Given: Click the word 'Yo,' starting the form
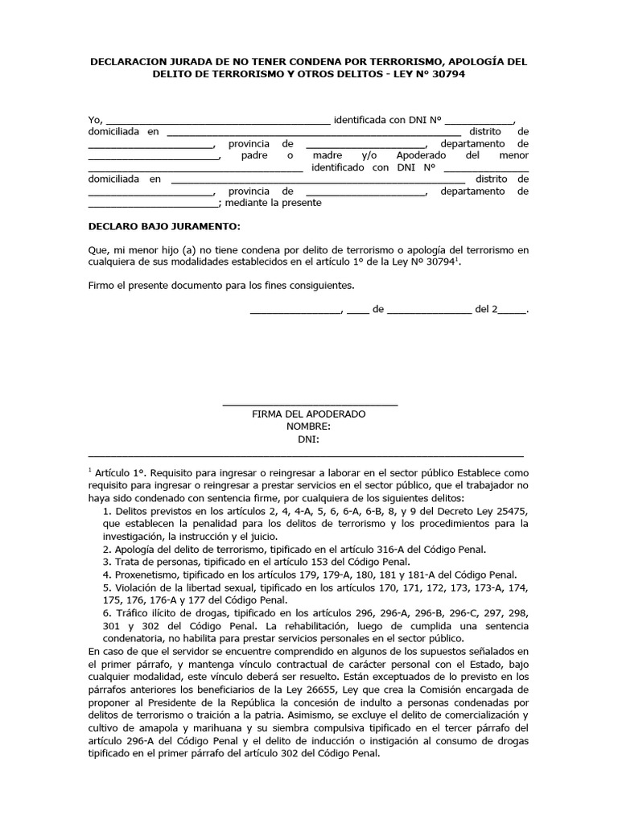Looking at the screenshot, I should coord(95,120).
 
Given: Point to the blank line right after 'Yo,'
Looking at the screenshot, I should coord(217,122).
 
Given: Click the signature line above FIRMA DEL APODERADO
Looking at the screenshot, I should coord(309,403).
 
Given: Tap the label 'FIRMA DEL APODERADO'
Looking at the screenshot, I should coord(309,414).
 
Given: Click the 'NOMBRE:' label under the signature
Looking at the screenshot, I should coord(309,426).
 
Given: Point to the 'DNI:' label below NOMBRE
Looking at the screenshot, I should coord(309,439).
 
